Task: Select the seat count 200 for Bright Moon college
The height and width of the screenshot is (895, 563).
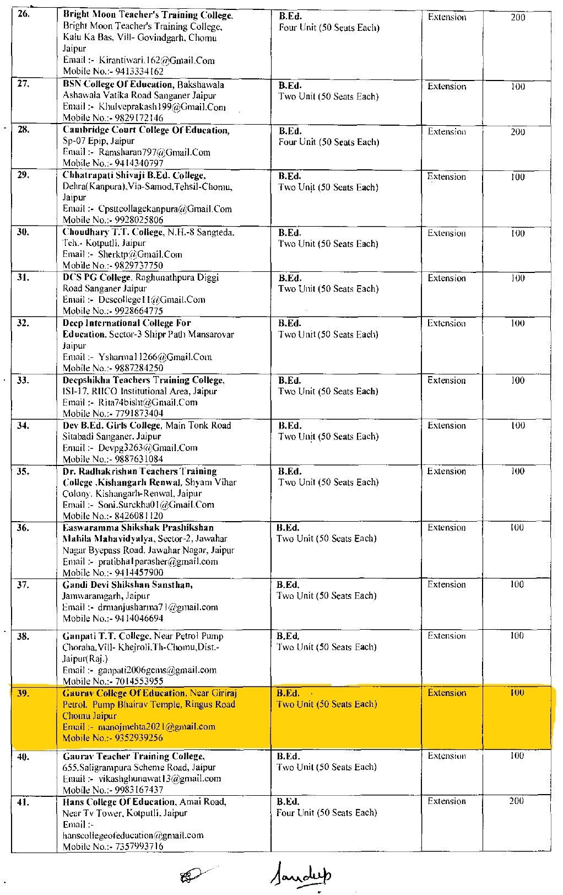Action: pyautogui.click(x=518, y=18)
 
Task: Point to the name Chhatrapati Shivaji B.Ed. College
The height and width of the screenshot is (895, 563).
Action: pyautogui.click(x=134, y=175)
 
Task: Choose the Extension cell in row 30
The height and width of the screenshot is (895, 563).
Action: pyautogui.click(x=446, y=233)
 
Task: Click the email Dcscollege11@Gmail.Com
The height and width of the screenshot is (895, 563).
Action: pyautogui.click(x=151, y=300)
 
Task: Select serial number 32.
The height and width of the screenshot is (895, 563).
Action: pyautogui.click(x=23, y=323)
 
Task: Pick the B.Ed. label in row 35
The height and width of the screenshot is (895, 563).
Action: pyautogui.click(x=290, y=471)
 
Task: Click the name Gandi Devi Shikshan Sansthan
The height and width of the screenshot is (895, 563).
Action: pyautogui.click(x=127, y=585)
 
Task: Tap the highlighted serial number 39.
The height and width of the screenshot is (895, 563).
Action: pyautogui.click(x=23, y=693)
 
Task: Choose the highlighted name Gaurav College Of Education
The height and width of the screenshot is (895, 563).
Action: pyautogui.click(x=123, y=693)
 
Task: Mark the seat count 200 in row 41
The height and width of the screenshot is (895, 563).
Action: pyautogui.click(x=517, y=801)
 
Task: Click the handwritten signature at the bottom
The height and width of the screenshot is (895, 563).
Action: pyautogui.click(x=302, y=876)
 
